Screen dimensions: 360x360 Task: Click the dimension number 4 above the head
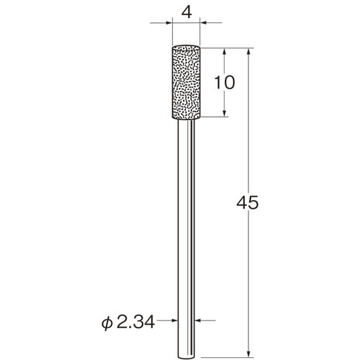pyautogui.click(x=186, y=12)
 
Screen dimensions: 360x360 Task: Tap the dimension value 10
pyautogui.click(x=225, y=82)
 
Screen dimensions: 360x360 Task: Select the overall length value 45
pyautogui.click(x=248, y=202)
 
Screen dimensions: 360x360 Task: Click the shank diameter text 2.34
pyautogui.click(x=135, y=322)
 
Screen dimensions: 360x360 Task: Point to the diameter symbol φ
pyautogui.click(x=107, y=323)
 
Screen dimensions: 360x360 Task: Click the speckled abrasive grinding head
pyautogui.click(x=186, y=82)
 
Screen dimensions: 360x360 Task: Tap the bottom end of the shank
pyautogui.click(x=186, y=357)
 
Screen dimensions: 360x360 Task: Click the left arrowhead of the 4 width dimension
pyautogui.click(x=169, y=23)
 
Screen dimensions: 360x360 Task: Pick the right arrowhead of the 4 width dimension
pyautogui.click(x=203, y=23)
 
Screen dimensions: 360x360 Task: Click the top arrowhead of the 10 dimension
pyautogui.click(x=225, y=52)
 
